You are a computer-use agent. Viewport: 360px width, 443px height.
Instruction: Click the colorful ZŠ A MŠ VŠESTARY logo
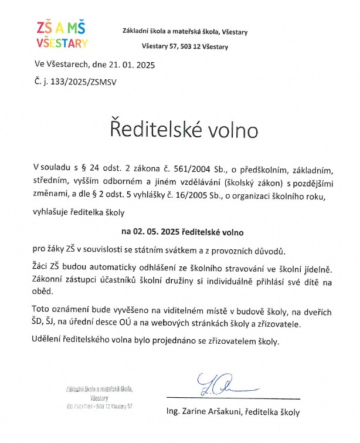click(61, 35)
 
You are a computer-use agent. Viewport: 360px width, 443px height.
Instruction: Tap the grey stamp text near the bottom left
click(99, 397)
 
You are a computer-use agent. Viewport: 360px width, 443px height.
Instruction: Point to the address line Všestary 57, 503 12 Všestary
click(185, 46)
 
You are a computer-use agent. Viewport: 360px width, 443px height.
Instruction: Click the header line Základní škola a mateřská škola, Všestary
click(185, 31)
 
